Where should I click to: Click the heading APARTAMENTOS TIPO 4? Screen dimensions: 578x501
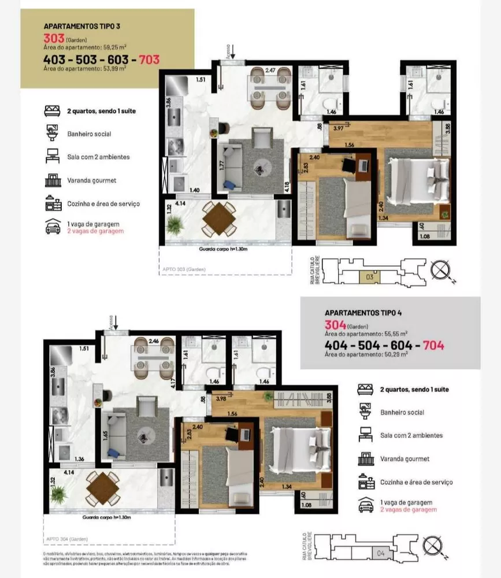pos(363,313)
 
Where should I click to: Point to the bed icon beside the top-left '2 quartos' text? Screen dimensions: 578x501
pos(53,110)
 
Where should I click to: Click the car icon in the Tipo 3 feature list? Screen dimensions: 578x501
pos(53,227)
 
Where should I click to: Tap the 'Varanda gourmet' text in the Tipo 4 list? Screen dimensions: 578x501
pos(404,459)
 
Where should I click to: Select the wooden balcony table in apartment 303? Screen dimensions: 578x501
pos(218,218)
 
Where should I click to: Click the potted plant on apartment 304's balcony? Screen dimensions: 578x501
pos(58,495)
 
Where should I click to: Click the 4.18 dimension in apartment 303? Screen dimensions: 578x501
pos(287,187)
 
